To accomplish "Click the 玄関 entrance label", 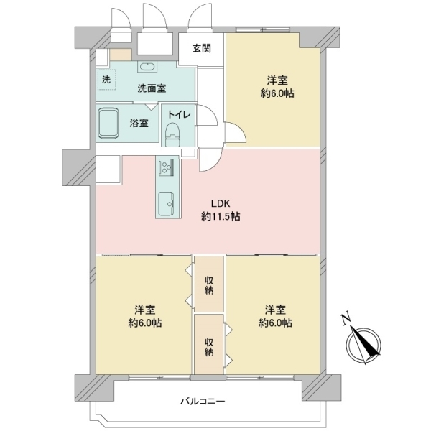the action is point(201,48).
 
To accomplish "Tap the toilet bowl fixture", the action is point(172,134).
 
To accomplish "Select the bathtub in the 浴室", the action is point(108,123).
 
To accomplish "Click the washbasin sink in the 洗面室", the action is point(147,67).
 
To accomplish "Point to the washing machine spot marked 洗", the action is point(106,80).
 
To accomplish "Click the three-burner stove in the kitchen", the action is point(166,167).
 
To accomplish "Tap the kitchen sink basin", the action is point(166,203).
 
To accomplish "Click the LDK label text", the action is point(221,204).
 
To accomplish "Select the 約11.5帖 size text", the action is point(221,217).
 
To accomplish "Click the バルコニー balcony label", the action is point(203,402).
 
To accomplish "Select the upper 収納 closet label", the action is point(209,286).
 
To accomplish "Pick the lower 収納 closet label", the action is point(209,348).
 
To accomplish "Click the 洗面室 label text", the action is point(152,88).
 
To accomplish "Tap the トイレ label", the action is point(179,114).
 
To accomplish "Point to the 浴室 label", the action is point(139,123).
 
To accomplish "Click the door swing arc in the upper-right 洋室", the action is point(236,132).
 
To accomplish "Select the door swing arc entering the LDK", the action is point(210,161).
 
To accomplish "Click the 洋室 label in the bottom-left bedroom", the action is point(145,310).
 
